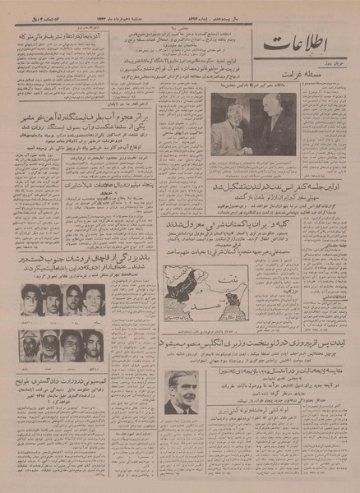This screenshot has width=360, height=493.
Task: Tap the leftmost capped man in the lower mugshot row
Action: [31, 344]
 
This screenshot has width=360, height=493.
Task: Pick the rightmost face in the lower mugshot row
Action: [93, 344]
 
